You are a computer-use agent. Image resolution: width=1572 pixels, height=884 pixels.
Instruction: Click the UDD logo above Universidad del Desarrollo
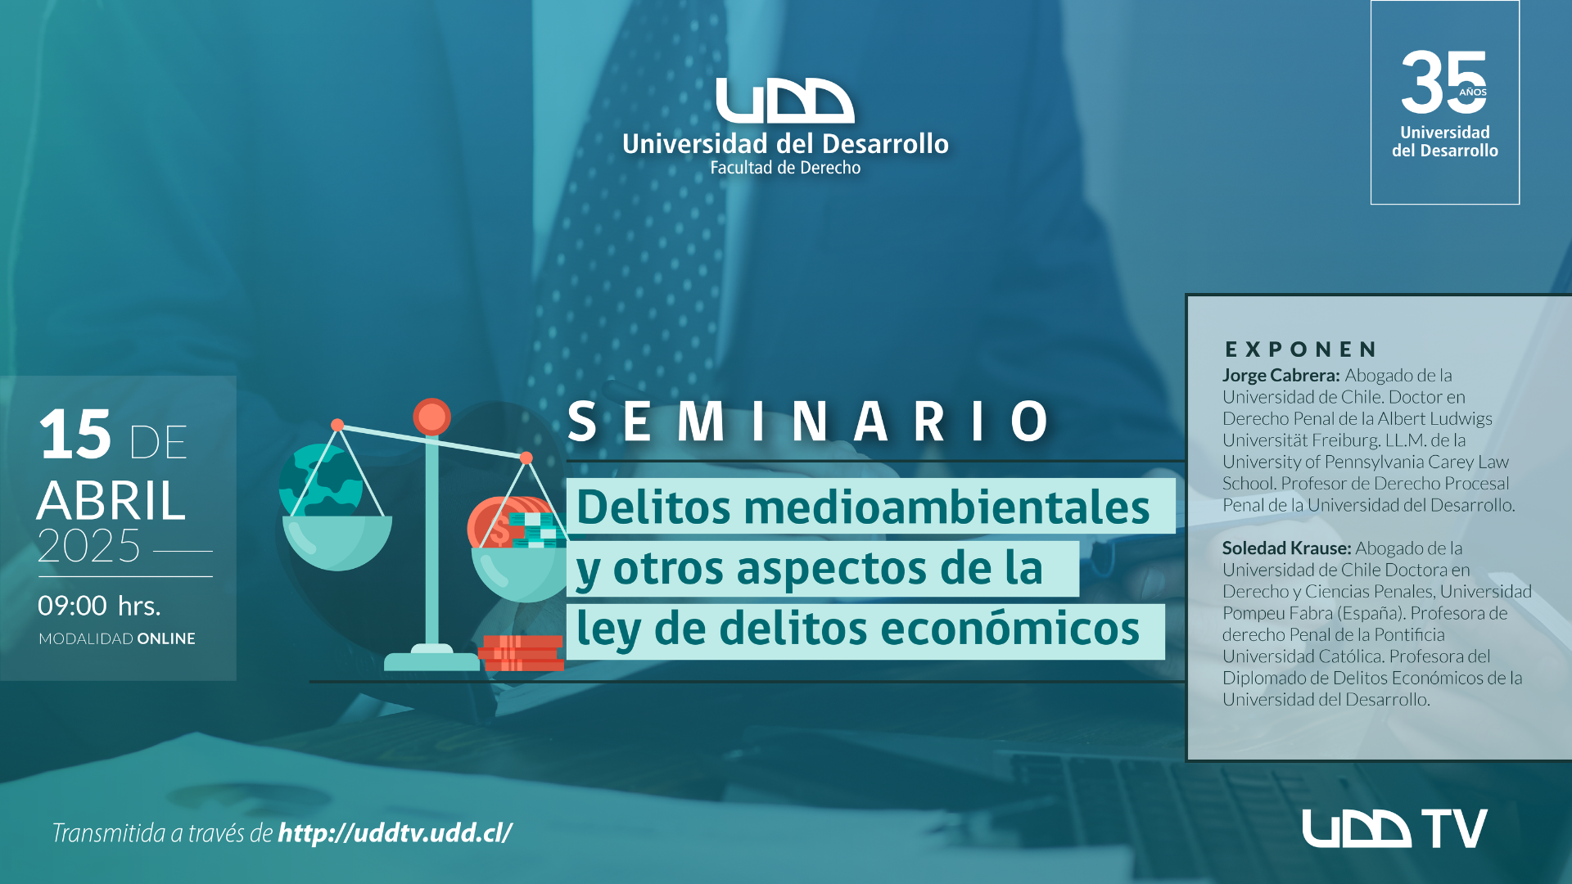(x=784, y=101)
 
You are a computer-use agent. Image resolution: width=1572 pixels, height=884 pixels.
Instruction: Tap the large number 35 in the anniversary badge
(x=1443, y=82)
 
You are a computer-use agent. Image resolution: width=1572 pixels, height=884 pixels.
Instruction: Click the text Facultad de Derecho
(x=785, y=168)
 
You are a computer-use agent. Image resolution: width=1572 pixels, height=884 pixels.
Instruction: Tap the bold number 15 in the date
(x=75, y=435)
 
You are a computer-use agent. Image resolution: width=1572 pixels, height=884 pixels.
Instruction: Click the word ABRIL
(x=111, y=500)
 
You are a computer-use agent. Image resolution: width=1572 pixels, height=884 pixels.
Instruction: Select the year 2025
(x=89, y=546)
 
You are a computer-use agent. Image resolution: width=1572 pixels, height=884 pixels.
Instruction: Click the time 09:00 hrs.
(x=99, y=606)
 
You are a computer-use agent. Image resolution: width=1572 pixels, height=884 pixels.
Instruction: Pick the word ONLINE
(x=166, y=638)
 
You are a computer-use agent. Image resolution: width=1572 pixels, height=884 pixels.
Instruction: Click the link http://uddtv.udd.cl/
(x=395, y=832)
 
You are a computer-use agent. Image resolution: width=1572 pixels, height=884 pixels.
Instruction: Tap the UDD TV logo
(x=1394, y=828)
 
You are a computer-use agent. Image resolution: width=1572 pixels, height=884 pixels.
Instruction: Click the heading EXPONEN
(x=1301, y=350)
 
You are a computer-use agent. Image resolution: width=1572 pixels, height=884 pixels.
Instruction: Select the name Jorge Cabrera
(x=1281, y=376)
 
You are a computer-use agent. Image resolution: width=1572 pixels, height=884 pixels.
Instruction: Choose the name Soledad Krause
(x=1286, y=548)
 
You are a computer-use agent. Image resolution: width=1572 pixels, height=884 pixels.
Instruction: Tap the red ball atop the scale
(x=431, y=417)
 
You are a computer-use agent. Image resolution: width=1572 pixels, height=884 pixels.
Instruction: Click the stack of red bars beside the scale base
(x=522, y=653)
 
